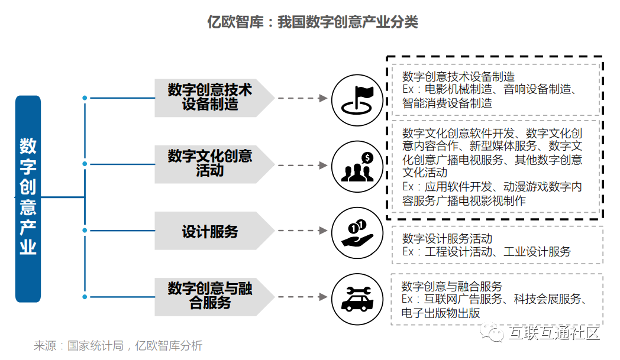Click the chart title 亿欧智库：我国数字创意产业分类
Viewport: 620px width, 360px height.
[x=312, y=22]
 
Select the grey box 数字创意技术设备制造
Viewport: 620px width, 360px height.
[x=210, y=98]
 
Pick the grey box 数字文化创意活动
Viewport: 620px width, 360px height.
[x=210, y=164]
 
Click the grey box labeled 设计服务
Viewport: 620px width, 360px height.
[x=210, y=231]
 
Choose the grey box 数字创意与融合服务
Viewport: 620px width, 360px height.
[x=210, y=296]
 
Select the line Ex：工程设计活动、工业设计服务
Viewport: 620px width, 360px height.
[x=486, y=252]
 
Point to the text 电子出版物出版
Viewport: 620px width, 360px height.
[x=441, y=313]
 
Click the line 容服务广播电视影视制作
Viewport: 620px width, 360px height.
[x=463, y=200]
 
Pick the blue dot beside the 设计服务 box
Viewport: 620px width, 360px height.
[x=85, y=230]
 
